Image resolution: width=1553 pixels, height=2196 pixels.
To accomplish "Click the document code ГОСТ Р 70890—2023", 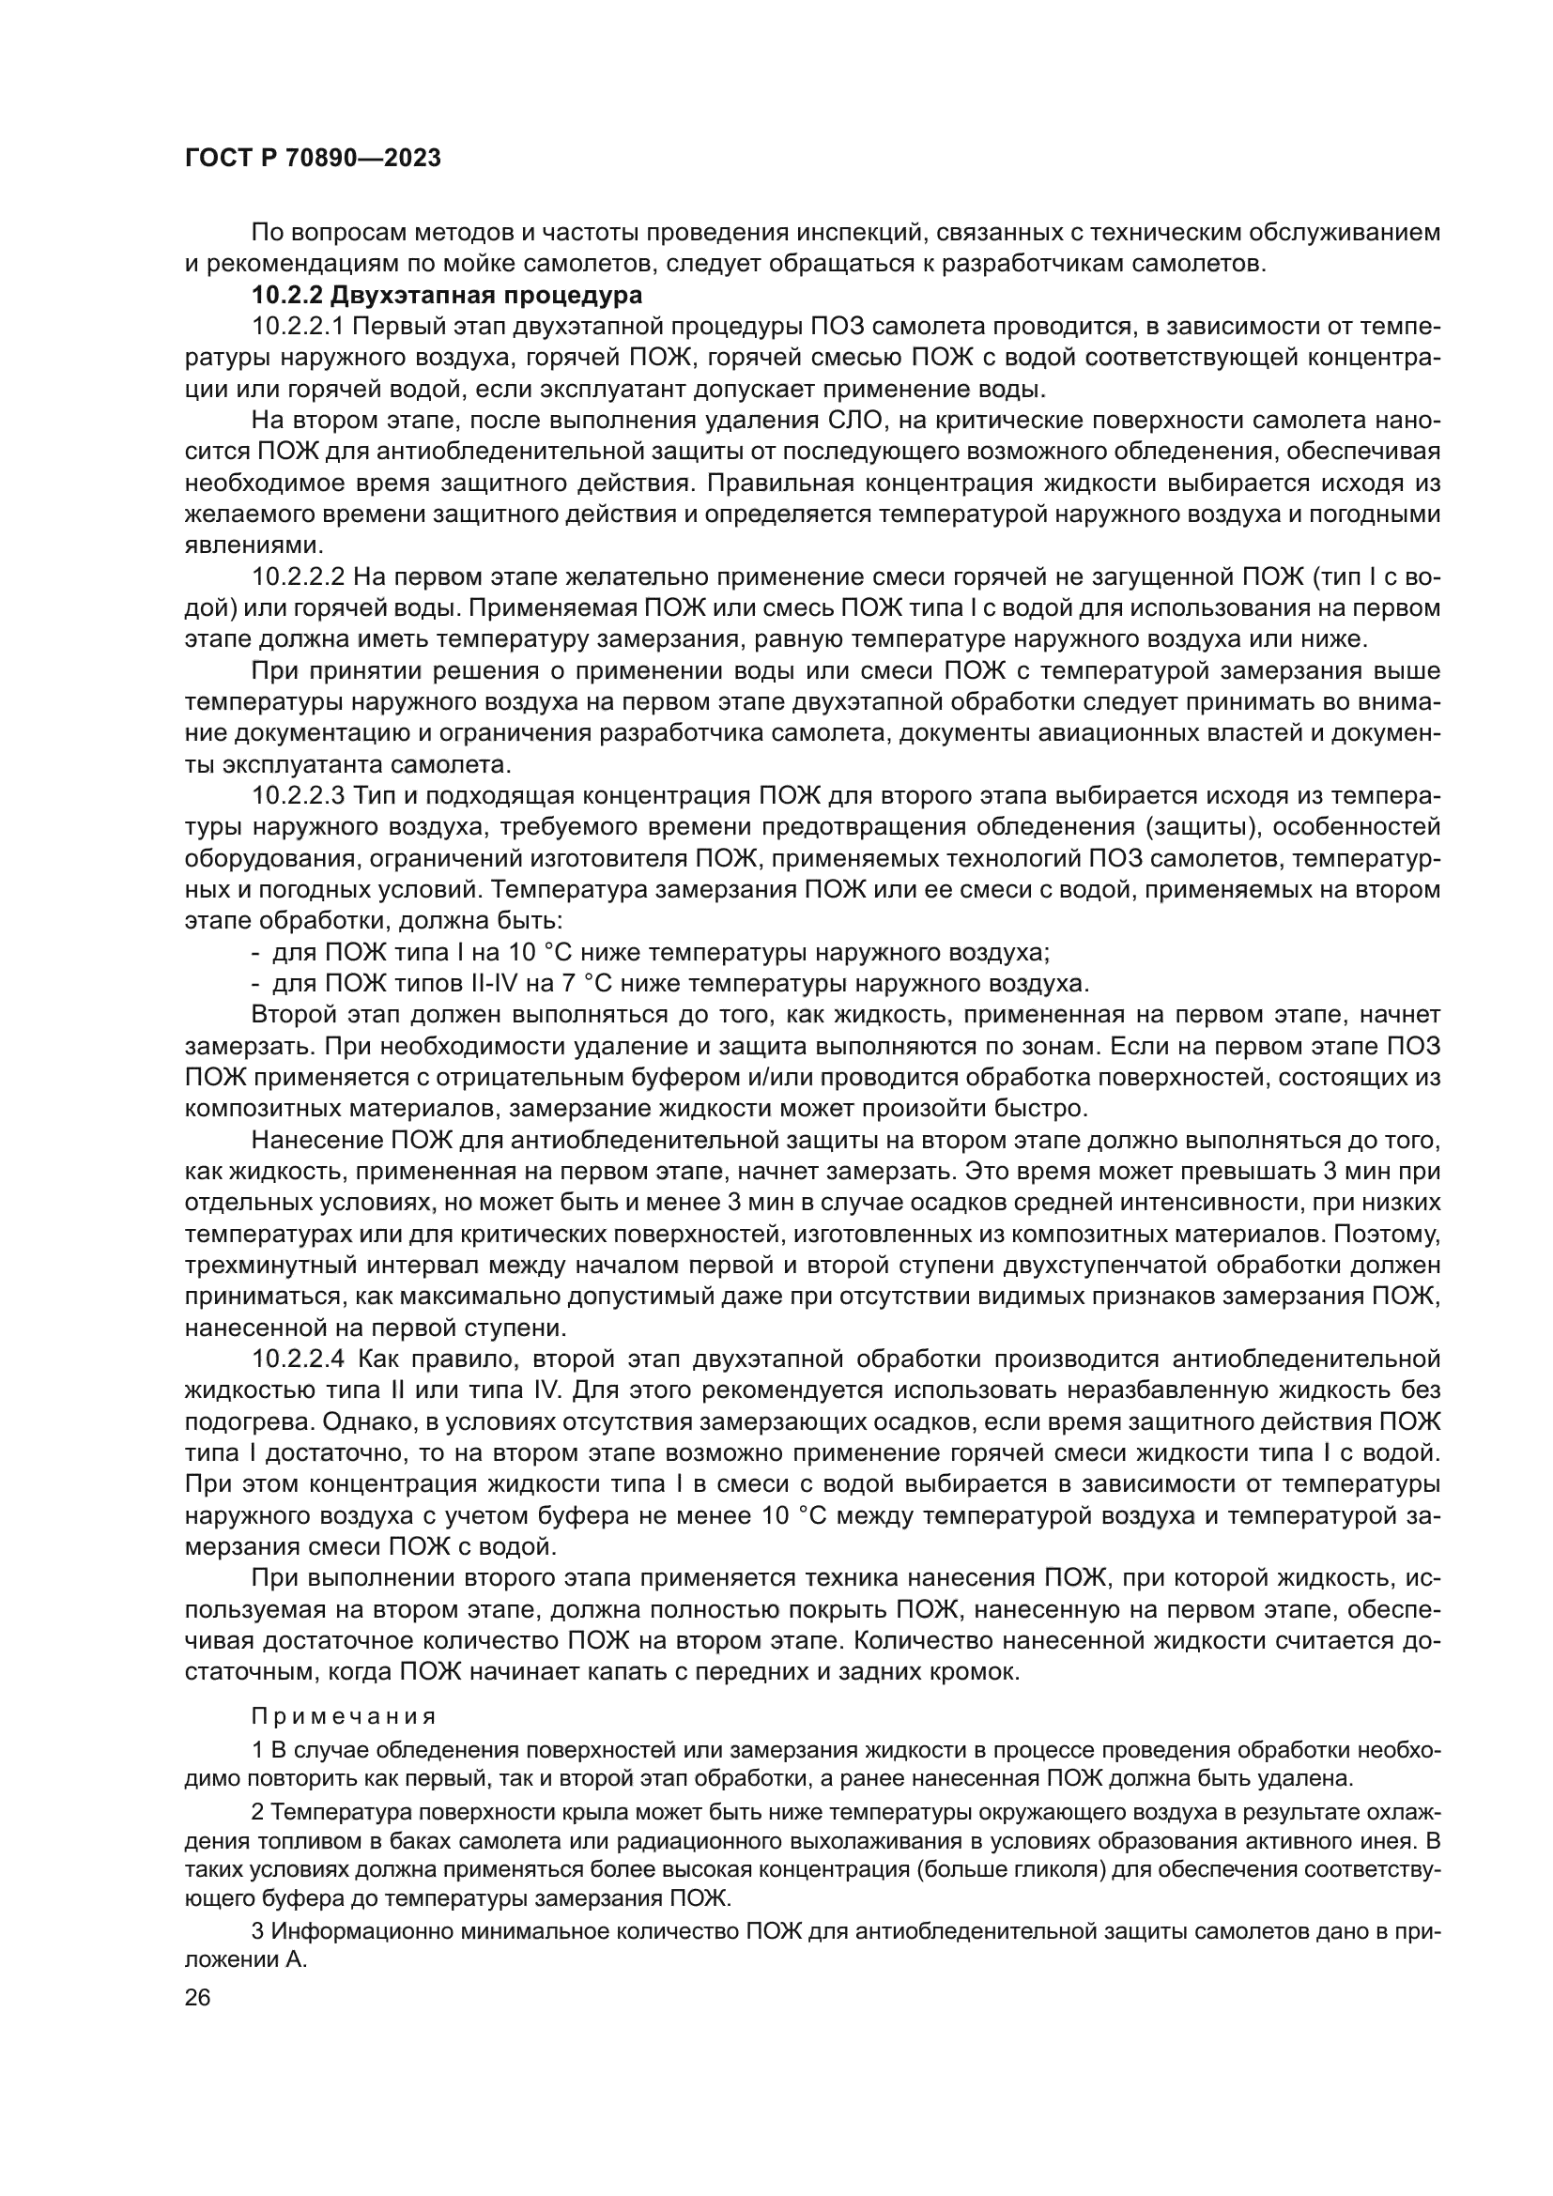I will click(x=313, y=159).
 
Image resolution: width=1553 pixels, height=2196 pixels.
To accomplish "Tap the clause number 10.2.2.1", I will click(x=298, y=326).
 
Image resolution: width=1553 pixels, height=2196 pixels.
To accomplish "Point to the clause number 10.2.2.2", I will click(x=298, y=576).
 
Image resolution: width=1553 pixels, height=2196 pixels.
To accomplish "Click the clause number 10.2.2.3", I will click(x=298, y=796).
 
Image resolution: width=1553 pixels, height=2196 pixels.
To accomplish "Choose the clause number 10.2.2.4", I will click(x=298, y=1359).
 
